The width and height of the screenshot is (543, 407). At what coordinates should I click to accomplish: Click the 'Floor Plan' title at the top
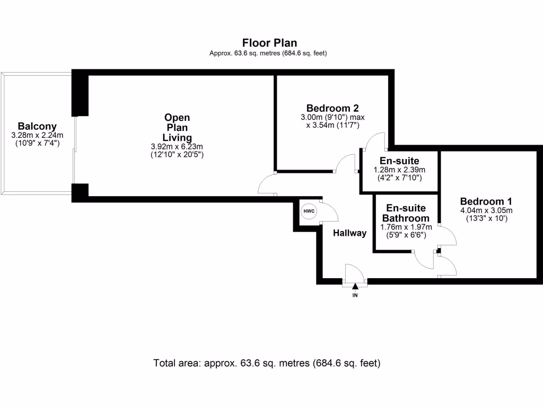269,43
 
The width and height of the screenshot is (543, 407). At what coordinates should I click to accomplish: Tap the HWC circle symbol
309,211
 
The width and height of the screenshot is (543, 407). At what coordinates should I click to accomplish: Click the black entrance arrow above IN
355,287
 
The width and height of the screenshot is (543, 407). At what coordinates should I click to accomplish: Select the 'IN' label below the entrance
355,295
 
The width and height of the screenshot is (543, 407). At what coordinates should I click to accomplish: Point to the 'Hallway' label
349,233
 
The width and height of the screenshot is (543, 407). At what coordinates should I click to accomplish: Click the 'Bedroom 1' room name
486,201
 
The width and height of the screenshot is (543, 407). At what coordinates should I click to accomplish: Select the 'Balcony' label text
37,127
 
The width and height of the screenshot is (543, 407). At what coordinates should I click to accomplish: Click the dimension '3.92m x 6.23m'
177,146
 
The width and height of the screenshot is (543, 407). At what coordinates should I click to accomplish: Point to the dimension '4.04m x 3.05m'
486,210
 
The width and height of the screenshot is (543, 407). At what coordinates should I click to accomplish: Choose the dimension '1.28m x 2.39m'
399,170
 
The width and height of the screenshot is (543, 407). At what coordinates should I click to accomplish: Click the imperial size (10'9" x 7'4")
37,144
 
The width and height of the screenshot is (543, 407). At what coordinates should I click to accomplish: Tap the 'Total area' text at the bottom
267,364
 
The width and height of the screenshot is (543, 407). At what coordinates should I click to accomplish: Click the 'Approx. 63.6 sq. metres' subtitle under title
268,53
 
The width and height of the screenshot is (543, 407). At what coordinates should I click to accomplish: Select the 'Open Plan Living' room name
177,128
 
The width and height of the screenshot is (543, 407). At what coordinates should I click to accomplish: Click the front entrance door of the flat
354,275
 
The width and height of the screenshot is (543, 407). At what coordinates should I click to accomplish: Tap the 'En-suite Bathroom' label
407,213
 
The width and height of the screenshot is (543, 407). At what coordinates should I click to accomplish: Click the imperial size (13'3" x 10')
486,218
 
